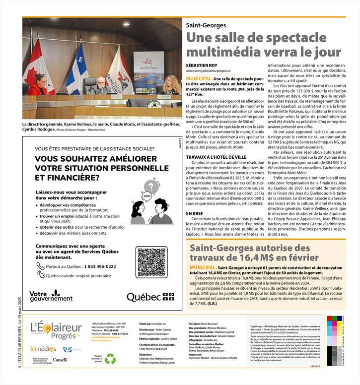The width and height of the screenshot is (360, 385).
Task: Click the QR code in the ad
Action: tap(151, 263)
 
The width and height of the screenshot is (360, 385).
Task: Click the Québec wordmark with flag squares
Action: tap(150, 297)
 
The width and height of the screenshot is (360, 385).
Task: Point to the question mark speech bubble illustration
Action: tap(148, 187)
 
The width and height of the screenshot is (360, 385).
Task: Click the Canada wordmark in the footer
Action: tap(60, 359)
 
